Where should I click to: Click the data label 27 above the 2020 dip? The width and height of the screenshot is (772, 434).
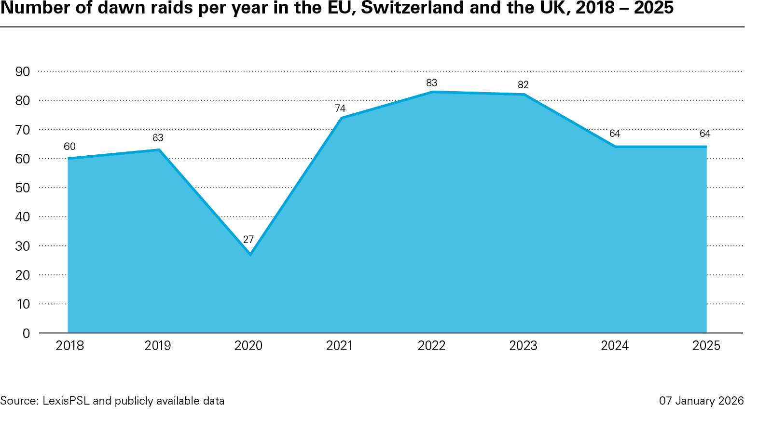(248, 240)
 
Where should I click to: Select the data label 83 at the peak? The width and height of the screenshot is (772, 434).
(431, 83)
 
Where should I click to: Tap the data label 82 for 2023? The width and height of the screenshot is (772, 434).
(523, 85)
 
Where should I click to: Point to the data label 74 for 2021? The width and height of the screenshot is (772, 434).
(340, 108)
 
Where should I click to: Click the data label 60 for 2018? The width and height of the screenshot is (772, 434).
(69, 147)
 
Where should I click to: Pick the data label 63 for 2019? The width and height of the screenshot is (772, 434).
(158, 138)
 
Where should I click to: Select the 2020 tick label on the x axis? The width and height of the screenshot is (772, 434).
(248, 346)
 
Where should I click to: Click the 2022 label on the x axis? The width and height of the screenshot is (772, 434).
(431, 346)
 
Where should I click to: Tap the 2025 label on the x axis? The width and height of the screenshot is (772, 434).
(706, 346)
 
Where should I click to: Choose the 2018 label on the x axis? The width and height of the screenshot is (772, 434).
(69, 346)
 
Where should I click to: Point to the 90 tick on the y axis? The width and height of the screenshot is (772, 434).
(23, 72)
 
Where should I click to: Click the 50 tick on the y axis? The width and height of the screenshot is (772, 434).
(23, 188)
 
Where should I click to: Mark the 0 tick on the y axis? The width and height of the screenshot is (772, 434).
(26, 333)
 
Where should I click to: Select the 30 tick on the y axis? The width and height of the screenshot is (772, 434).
(23, 246)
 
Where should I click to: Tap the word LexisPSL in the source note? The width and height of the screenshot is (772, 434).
(66, 401)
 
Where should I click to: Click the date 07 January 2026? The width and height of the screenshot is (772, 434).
(701, 401)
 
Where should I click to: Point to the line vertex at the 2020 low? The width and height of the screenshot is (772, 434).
(250, 254)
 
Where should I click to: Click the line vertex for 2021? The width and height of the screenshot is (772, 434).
(342, 118)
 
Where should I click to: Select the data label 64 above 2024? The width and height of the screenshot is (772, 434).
(614, 134)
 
